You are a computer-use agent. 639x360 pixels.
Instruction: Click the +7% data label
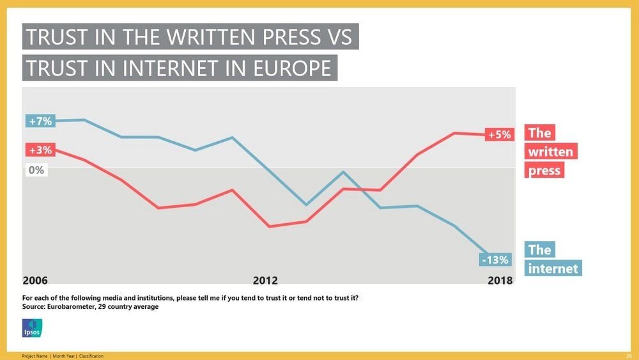pyautogui.click(x=40, y=121)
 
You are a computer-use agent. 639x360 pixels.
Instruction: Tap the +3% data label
pyautogui.click(x=40, y=150)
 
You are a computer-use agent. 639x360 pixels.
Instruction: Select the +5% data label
pyautogui.click(x=500, y=135)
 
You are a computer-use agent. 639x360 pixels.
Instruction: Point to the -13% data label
pyautogui.click(x=495, y=260)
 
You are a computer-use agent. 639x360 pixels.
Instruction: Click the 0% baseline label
pyautogui.click(x=36, y=170)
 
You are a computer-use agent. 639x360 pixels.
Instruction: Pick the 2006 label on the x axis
pyautogui.click(x=35, y=280)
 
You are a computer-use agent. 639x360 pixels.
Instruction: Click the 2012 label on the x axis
pyautogui.click(x=265, y=280)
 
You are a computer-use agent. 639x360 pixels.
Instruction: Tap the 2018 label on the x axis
pyautogui.click(x=500, y=280)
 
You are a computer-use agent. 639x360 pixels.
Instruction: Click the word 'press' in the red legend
pyautogui.click(x=544, y=171)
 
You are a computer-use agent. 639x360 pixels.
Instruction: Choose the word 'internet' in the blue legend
pyautogui.click(x=553, y=268)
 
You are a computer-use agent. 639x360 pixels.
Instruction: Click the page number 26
pyautogui.click(x=628, y=356)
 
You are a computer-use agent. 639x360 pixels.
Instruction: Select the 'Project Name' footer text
pyautogui.click(x=36, y=356)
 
